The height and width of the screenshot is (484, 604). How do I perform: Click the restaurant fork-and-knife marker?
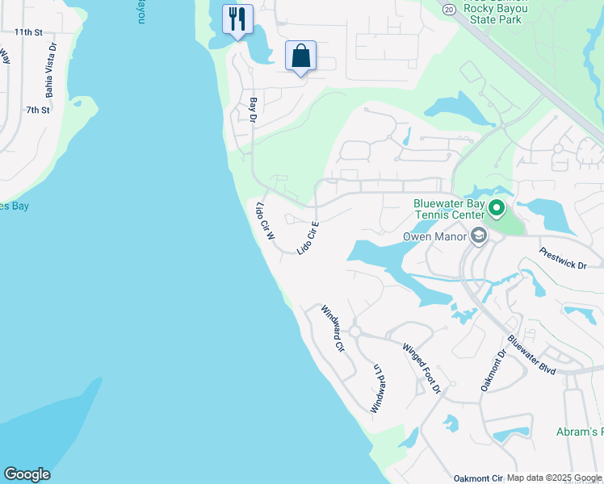[237, 19]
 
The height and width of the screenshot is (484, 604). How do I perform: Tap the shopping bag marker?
[300, 56]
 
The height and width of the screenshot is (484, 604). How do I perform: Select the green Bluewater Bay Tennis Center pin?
[496, 210]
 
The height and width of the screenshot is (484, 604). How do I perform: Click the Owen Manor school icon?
[478, 236]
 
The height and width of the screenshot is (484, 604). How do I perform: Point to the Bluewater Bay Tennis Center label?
[448, 209]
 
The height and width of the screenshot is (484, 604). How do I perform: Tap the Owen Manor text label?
[434, 237]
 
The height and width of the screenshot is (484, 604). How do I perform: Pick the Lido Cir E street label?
[308, 238]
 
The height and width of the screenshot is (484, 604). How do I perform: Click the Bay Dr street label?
[253, 110]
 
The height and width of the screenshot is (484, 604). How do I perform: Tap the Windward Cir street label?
[333, 328]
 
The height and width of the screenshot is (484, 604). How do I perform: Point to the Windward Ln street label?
[375, 388]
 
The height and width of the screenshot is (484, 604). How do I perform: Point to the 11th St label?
[27, 32]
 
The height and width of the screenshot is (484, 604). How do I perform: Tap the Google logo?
[27, 474]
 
